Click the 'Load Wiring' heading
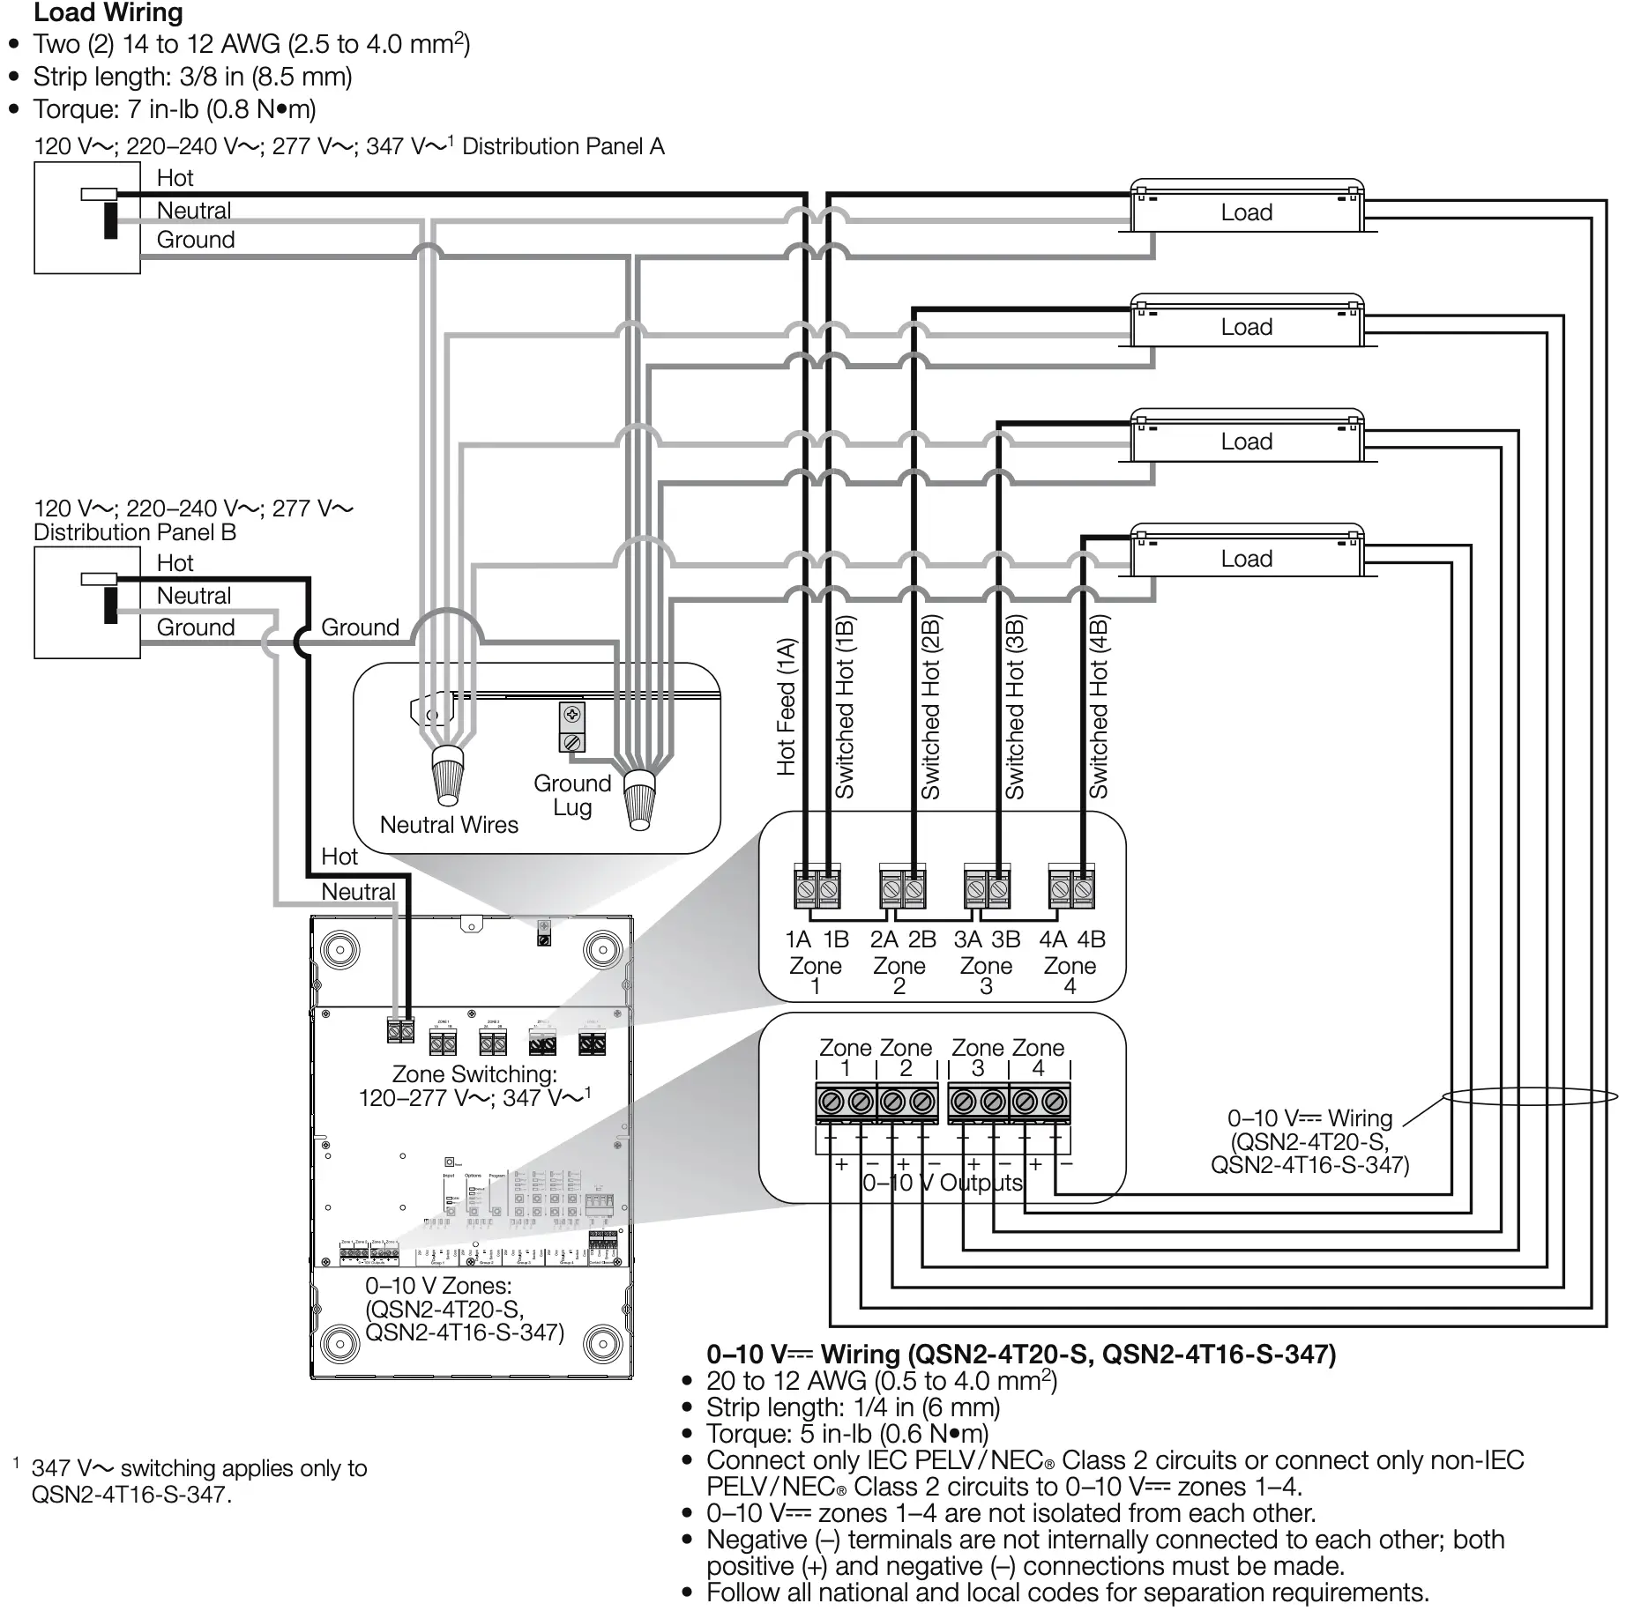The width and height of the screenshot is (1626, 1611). (x=108, y=13)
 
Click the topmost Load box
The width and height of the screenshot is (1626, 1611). (x=1246, y=212)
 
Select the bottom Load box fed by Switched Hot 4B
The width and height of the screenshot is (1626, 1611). (x=1246, y=559)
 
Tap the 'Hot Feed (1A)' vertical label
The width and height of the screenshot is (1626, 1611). (x=787, y=707)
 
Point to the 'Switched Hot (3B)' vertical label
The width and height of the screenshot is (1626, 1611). (x=1015, y=707)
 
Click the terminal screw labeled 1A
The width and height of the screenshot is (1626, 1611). (x=805, y=890)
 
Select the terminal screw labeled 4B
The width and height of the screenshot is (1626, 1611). (x=1083, y=890)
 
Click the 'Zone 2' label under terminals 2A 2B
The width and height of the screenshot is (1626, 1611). (x=899, y=976)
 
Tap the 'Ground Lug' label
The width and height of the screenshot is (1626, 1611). (x=572, y=795)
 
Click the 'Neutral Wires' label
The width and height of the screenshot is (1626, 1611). (x=449, y=825)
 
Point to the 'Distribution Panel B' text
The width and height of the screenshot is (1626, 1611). (x=135, y=532)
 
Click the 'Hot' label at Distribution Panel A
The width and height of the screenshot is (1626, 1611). (x=175, y=178)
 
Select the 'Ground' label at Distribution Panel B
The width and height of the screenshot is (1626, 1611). (x=196, y=627)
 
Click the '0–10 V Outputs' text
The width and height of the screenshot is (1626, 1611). (x=942, y=1183)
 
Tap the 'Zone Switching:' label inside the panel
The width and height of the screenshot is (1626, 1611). (x=474, y=1074)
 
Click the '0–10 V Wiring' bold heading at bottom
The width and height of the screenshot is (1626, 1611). (x=1020, y=1355)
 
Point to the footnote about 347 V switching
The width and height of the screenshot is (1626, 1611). (x=198, y=1481)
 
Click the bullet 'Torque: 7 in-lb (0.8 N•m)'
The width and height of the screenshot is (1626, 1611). (x=175, y=109)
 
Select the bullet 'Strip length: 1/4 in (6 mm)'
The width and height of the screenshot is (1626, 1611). (x=853, y=1407)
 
